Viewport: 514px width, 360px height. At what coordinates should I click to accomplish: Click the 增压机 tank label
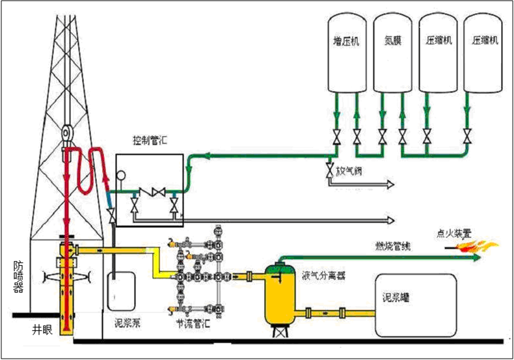[x=346, y=40]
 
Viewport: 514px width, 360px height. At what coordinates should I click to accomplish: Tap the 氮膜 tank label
[x=392, y=40]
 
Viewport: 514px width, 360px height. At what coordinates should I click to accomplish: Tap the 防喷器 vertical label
[x=19, y=277]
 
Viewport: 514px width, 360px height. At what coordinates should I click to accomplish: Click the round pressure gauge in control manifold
[x=121, y=174]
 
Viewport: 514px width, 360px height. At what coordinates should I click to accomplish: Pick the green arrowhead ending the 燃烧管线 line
[x=478, y=258]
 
